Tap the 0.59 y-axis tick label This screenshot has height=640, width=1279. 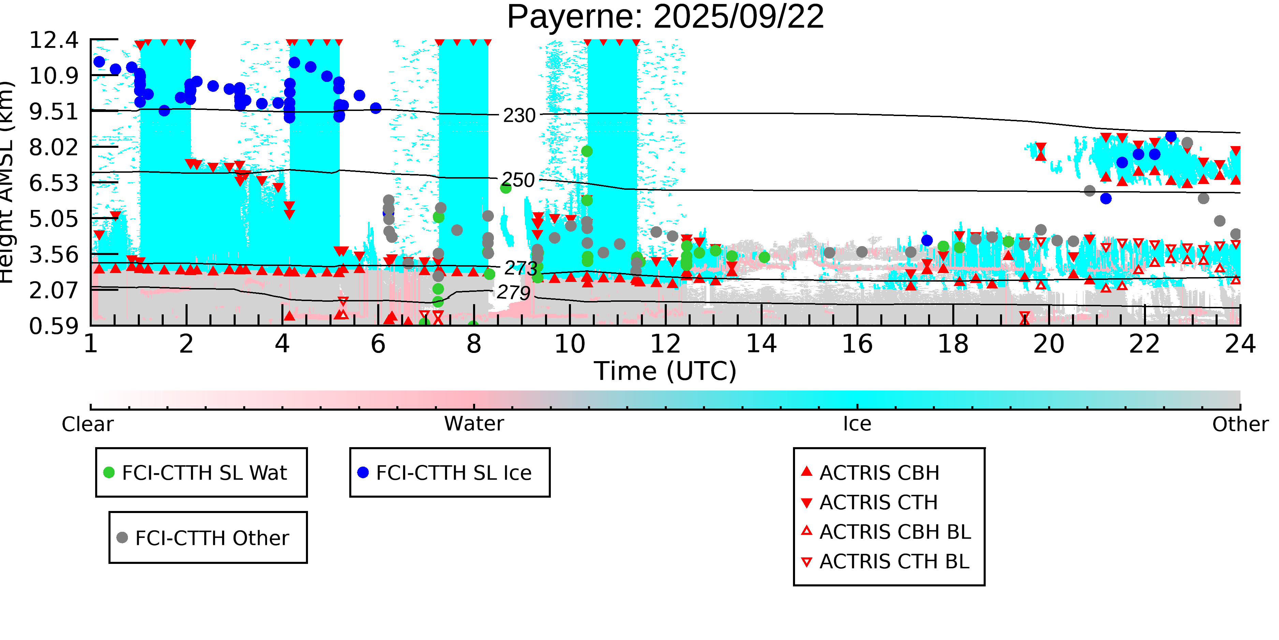pyautogui.click(x=54, y=326)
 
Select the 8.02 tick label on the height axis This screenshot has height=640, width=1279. pyautogui.click(x=54, y=147)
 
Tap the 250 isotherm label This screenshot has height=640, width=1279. pyautogui.click(x=518, y=180)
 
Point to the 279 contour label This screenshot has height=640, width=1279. pyautogui.click(x=513, y=293)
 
